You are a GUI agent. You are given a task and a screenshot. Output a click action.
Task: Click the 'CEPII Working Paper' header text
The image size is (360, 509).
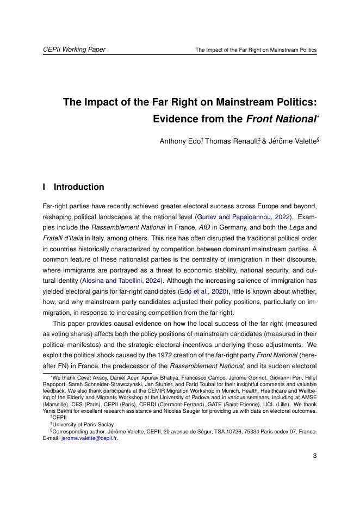[x=74, y=49]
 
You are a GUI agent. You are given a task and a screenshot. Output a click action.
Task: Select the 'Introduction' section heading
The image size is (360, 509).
[x=79, y=187]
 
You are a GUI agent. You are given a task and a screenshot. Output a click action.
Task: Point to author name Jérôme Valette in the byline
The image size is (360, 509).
[x=288, y=142]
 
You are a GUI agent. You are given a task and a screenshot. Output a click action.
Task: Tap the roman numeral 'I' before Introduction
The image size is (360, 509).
[x=44, y=187]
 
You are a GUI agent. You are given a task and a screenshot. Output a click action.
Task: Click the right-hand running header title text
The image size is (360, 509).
[x=256, y=50]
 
